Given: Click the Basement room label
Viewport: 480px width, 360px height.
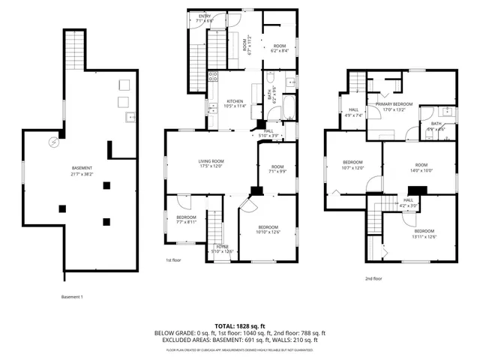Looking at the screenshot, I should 82,170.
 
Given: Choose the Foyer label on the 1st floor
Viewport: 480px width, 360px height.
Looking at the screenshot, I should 223,248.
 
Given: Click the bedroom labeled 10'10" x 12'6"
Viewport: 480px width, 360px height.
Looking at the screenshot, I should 268,229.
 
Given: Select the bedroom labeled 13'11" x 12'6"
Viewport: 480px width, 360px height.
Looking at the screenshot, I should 424,234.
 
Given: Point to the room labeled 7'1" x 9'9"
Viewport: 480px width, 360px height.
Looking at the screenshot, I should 277,169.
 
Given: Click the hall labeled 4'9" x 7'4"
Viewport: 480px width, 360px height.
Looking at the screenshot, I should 353,113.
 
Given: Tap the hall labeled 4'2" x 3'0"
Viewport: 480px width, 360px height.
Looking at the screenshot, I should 408,202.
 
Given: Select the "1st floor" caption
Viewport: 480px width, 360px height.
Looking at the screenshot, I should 174,260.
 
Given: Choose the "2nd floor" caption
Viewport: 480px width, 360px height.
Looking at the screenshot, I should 373,278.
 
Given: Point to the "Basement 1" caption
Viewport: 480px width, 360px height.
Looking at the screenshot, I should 72,296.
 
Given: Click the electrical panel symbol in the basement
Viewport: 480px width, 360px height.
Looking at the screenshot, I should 53,142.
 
